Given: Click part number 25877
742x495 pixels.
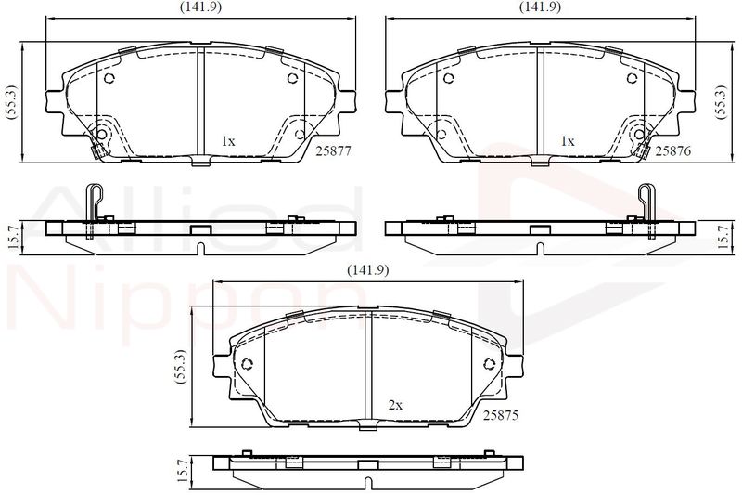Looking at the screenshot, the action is pyautogui.click(x=334, y=151).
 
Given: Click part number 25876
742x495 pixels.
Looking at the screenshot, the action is pyautogui.click(x=673, y=151).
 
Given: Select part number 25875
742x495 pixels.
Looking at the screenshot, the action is pyautogui.click(x=501, y=415).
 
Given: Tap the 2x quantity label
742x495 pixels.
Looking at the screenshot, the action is pyautogui.click(x=395, y=405).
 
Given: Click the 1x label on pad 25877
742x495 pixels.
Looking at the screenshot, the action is pyautogui.click(x=228, y=141).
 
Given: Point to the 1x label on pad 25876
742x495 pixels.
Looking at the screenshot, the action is pyautogui.click(x=568, y=141).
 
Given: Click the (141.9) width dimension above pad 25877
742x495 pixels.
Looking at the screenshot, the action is pyautogui.click(x=200, y=7).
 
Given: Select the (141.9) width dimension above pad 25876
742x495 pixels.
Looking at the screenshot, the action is pyautogui.click(x=540, y=7).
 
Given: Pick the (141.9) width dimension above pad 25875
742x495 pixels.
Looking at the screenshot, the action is pyautogui.click(x=367, y=270).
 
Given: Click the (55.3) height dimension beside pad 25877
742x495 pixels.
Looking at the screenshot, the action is pyautogui.click(x=10, y=102).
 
